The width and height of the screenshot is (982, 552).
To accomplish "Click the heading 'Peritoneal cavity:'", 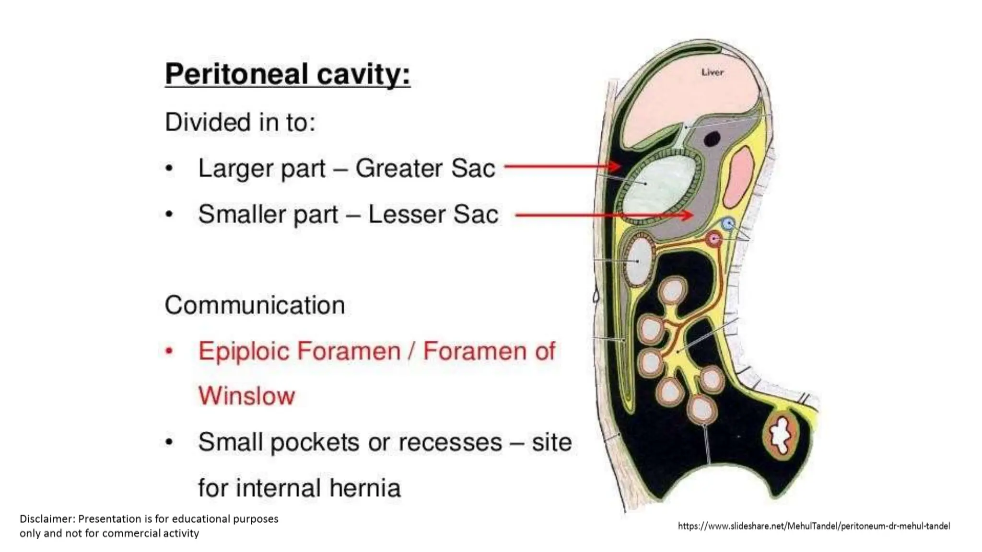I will point(288,75).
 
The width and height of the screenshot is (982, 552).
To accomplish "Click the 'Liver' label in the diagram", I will point(712,72).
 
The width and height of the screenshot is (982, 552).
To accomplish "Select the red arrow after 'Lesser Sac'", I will point(604,215).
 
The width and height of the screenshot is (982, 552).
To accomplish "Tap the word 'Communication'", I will point(255,305).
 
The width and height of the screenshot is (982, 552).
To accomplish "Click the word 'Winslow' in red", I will point(246,396).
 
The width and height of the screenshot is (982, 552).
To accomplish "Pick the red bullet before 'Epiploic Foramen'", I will point(168,351).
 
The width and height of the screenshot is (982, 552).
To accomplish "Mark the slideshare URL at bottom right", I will point(814,526).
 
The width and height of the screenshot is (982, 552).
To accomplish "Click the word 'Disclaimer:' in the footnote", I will point(47,519).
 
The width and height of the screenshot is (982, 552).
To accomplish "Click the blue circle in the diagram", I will point(728,223).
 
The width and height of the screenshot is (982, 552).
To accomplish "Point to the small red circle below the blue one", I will point(714,239).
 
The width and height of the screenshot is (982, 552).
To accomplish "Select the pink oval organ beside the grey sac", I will point(738,177).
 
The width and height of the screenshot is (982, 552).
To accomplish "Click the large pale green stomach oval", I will point(659,187).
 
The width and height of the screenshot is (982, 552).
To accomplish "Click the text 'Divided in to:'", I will point(240,122).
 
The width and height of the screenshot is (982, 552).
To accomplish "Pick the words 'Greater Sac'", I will point(425,168).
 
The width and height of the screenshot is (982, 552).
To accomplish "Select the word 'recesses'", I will point(450,442).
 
